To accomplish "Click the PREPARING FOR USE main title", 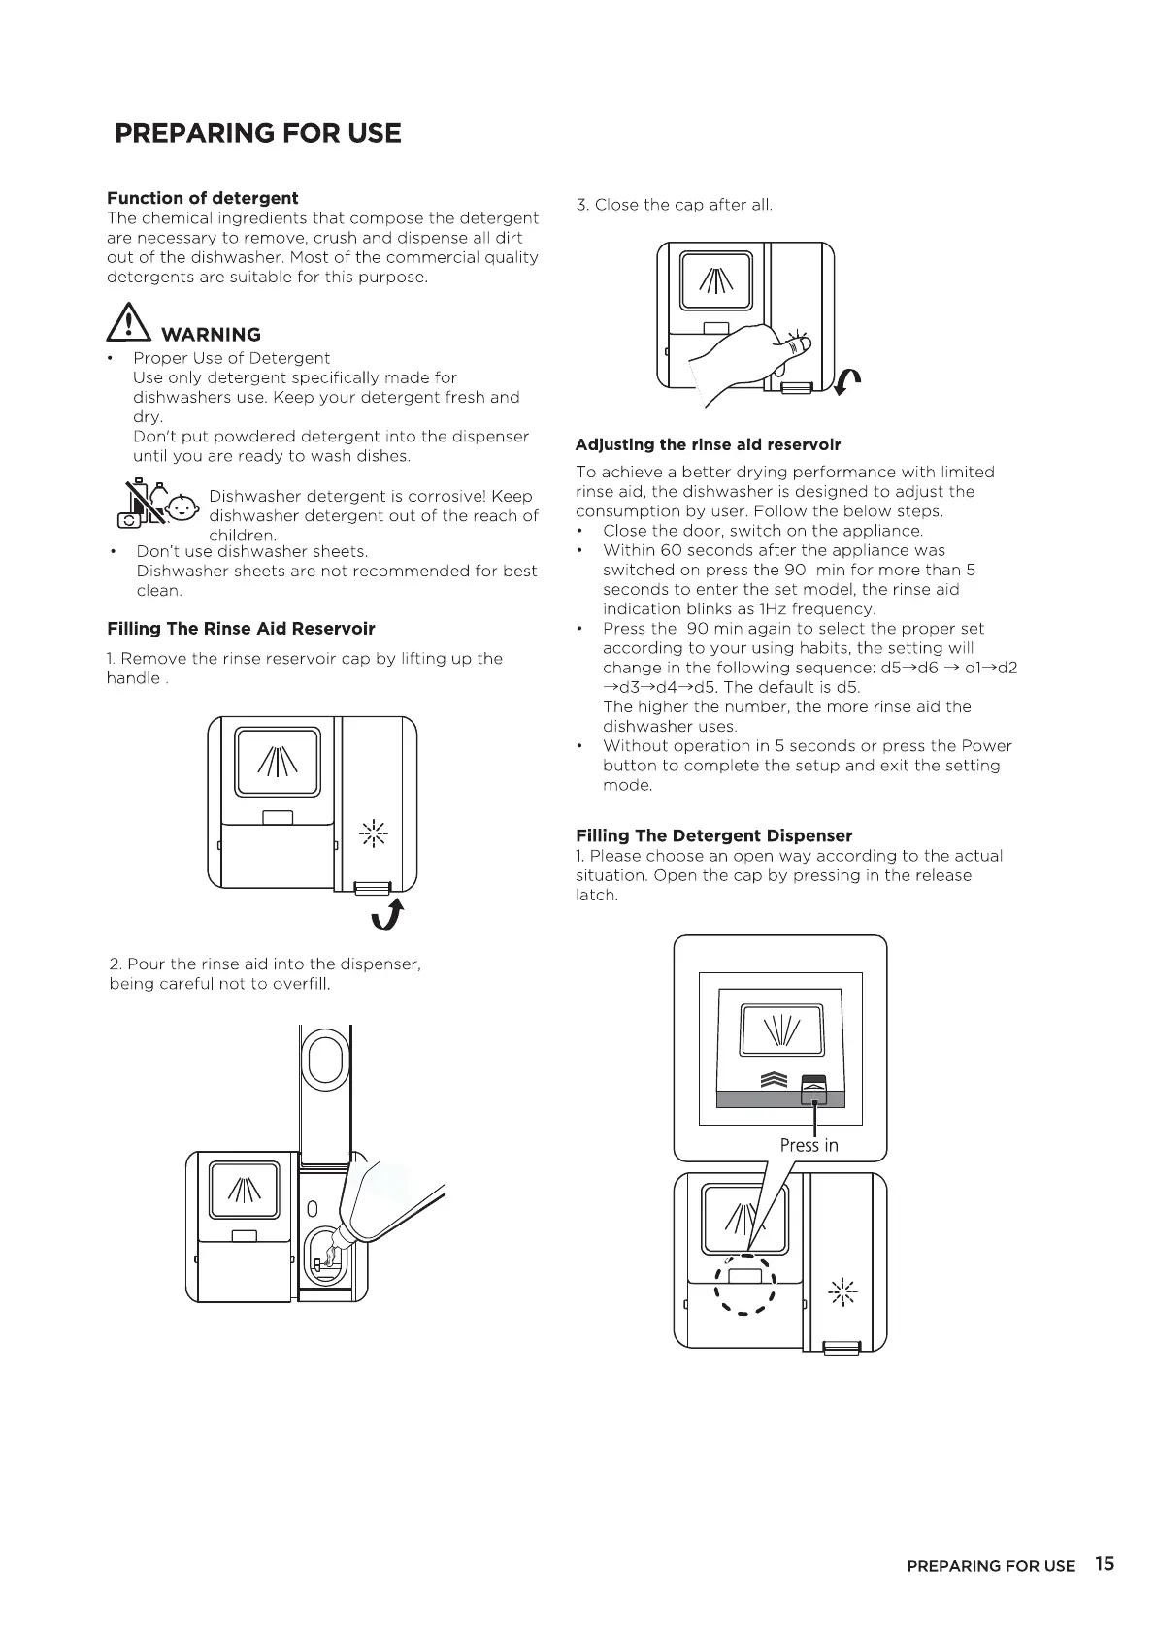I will [x=257, y=133].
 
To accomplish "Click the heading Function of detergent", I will [x=202, y=198].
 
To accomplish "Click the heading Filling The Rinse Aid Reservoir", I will [x=241, y=628].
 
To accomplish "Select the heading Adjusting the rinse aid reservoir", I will [x=708, y=444].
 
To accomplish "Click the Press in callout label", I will [x=809, y=1145].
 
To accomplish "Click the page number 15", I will [x=1104, y=1563].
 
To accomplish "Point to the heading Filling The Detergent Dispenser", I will [x=713, y=835].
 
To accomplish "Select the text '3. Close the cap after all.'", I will [x=674, y=205].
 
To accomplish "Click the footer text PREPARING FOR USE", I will [x=991, y=1565].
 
